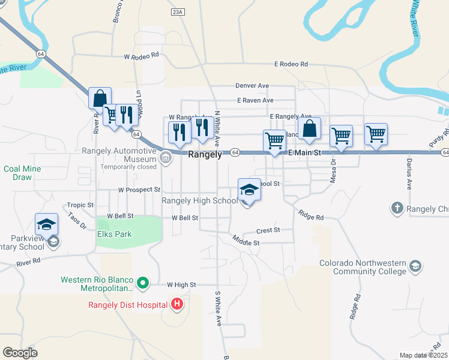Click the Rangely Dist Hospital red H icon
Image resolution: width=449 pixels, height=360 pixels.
point(176,304)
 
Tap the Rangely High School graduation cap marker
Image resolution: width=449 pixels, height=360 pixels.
point(249,190)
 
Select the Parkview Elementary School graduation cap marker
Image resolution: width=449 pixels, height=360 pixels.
point(46,224)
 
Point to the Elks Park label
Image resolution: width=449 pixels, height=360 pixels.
point(114,234)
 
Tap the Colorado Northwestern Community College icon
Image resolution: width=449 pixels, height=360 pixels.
point(415,266)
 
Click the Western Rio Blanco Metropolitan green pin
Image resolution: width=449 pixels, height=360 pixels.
point(143,281)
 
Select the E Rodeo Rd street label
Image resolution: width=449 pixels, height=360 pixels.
point(291,64)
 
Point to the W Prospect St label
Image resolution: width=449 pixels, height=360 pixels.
point(139,190)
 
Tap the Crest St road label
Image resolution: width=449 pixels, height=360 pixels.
point(268,230)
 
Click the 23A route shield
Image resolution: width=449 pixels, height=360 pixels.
point(177,11)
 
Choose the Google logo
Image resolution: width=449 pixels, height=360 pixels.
point(20,353)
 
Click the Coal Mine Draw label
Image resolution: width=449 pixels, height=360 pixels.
point(22,173)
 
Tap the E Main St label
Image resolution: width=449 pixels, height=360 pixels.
point(305,154)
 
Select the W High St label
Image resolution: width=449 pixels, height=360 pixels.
point(182,285)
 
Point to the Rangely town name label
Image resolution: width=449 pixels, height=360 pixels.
point(205,154)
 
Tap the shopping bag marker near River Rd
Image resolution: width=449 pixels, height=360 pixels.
point(100,98)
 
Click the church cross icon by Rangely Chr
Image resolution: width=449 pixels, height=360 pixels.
point(396,208)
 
